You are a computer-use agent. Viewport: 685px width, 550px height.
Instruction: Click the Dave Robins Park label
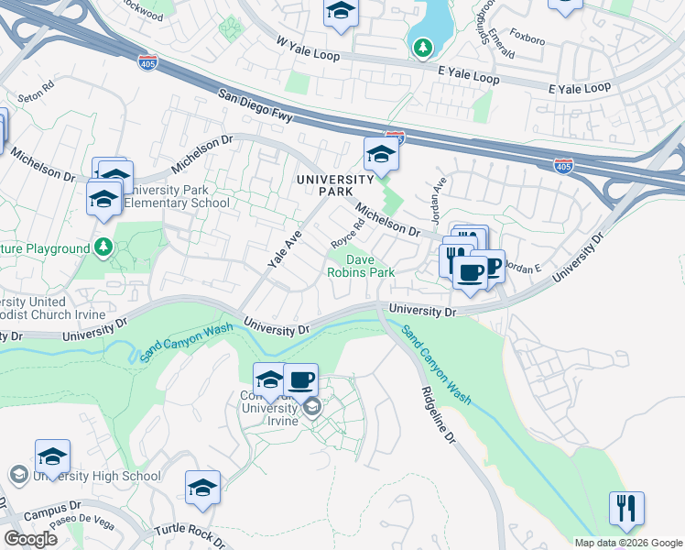362,266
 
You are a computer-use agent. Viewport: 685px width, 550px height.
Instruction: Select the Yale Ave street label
285,249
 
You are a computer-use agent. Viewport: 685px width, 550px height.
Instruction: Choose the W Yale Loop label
308,49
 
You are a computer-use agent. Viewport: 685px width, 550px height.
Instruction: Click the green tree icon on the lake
422,47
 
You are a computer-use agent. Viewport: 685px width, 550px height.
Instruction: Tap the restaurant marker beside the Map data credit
626,508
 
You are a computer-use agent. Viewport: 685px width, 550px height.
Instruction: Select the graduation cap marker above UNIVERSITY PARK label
381,156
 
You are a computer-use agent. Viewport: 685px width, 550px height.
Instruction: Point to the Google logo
30,538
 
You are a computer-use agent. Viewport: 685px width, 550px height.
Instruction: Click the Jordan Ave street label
439,199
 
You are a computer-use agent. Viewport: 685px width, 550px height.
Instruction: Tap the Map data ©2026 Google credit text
628,542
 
